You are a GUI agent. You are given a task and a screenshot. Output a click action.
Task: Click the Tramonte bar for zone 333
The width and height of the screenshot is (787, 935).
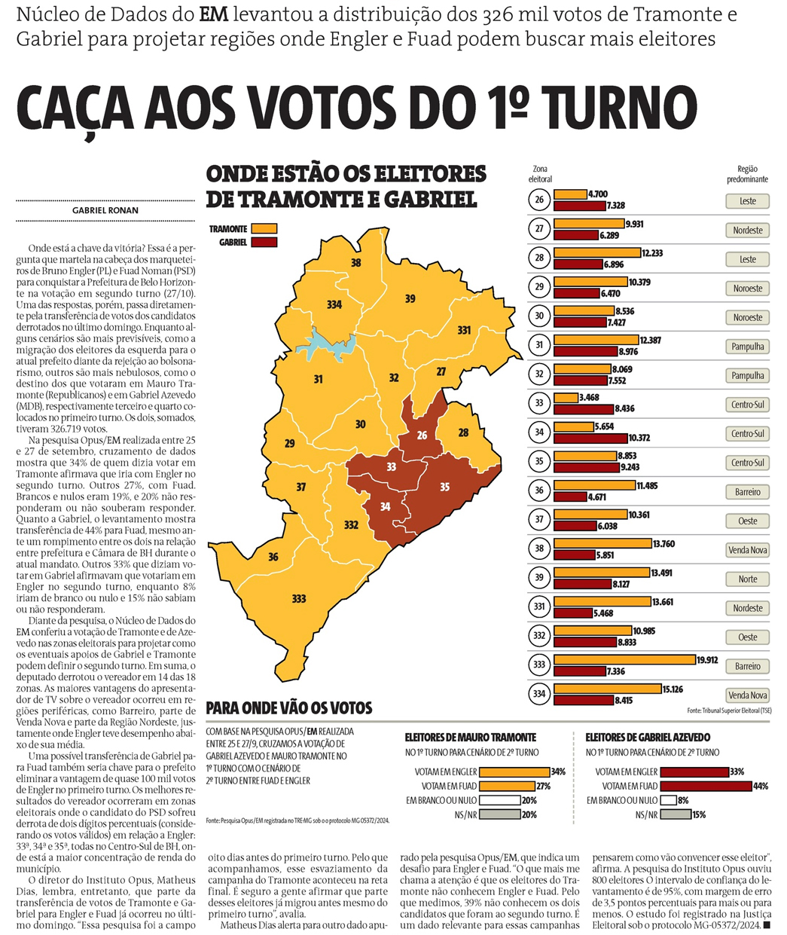[x=624, y=660]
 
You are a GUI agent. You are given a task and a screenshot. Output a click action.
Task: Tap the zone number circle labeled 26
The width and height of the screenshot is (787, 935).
[x=539, y=200]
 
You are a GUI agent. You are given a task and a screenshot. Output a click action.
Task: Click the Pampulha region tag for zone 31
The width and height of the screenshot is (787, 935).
[x=747, y=347]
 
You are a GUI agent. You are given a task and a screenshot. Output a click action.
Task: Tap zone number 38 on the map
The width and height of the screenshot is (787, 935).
[x=356, y=263]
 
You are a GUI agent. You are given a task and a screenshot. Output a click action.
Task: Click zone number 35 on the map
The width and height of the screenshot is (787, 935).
[x=444, y=487]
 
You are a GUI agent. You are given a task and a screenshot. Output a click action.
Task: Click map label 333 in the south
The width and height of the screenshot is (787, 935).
[x=299, y=599]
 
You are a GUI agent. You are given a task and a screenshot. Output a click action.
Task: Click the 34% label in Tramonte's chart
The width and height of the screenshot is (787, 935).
[x=558, y=772]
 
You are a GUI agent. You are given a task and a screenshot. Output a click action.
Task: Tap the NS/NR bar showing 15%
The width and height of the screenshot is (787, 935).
[x=675, y=814]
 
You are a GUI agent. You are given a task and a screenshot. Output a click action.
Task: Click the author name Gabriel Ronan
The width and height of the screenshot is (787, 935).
[x=105, y=210]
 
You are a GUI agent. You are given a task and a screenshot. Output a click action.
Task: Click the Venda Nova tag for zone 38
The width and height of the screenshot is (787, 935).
[x=747, y=550]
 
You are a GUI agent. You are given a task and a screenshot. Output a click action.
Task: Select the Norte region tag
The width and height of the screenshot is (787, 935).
[x=747, y=579]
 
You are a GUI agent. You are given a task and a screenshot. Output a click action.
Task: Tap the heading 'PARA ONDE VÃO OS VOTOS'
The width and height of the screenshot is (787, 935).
[x=289, y=708]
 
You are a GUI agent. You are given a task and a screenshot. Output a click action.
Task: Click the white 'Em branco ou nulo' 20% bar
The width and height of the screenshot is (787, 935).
[x=499, y=800]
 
